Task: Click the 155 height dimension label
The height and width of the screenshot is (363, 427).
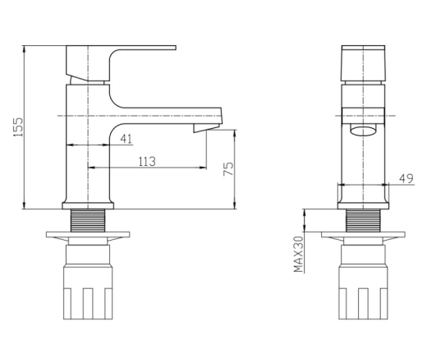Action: [x=18, y=127]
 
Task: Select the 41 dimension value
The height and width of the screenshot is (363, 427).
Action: [x=126, y=139]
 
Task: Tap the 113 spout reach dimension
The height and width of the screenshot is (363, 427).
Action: [x=147, y=162]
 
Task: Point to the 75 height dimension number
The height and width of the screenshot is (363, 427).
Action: [x=229, y=169]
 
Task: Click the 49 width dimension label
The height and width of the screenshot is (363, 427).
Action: [x=406, y=179]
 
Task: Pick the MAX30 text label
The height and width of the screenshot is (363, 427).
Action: [x=299, y=255]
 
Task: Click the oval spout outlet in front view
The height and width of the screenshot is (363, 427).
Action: [x=363, y=131]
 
